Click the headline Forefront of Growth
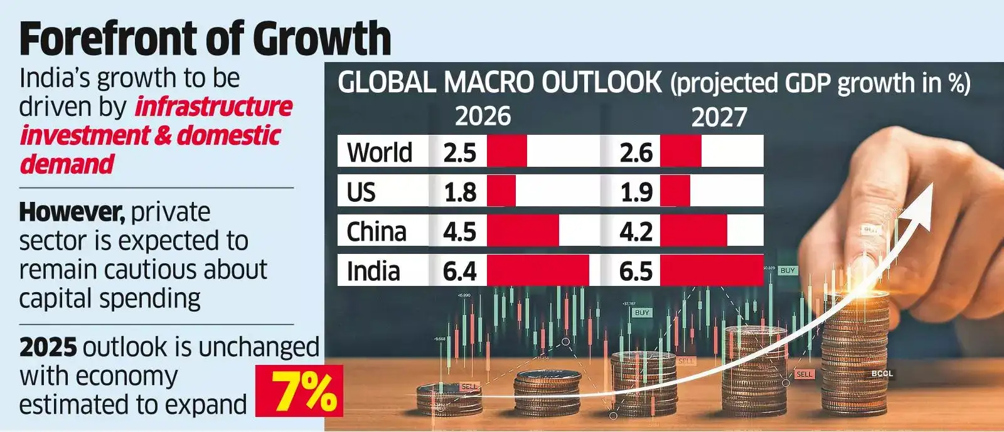pyautogui.click(x=205, y=39)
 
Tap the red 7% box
pyautogui.click(x=299, y=392)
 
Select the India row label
pyautogui.click(x=373, y=271)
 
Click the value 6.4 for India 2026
pyautogui.click(x=459, y=271)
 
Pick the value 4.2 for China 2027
pyautogui.click(x=636, y=232)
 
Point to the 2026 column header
pyautogui.click(x=483, y=117)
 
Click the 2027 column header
pyautogui.click(x=719, y=118)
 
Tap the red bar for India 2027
pyautogui.click(x=712, y=271)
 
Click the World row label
pyautogui.click(x=379, y=152)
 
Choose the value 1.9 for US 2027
pyautogui.click(x=636, y=192)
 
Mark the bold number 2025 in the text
pyautogui.click(x=48, y=347)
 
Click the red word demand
pyautogui.click(x=67, y=164)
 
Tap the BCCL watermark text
pyautogui.click(x=882, y=374)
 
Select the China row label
pyautogui.click(x=376, y=232)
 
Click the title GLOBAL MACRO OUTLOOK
pyautogui.click(x=499, y=83)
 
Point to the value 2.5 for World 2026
pyautogui.click(x=459, y=153)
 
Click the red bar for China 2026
pyautogui.click(x=522, y=231)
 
